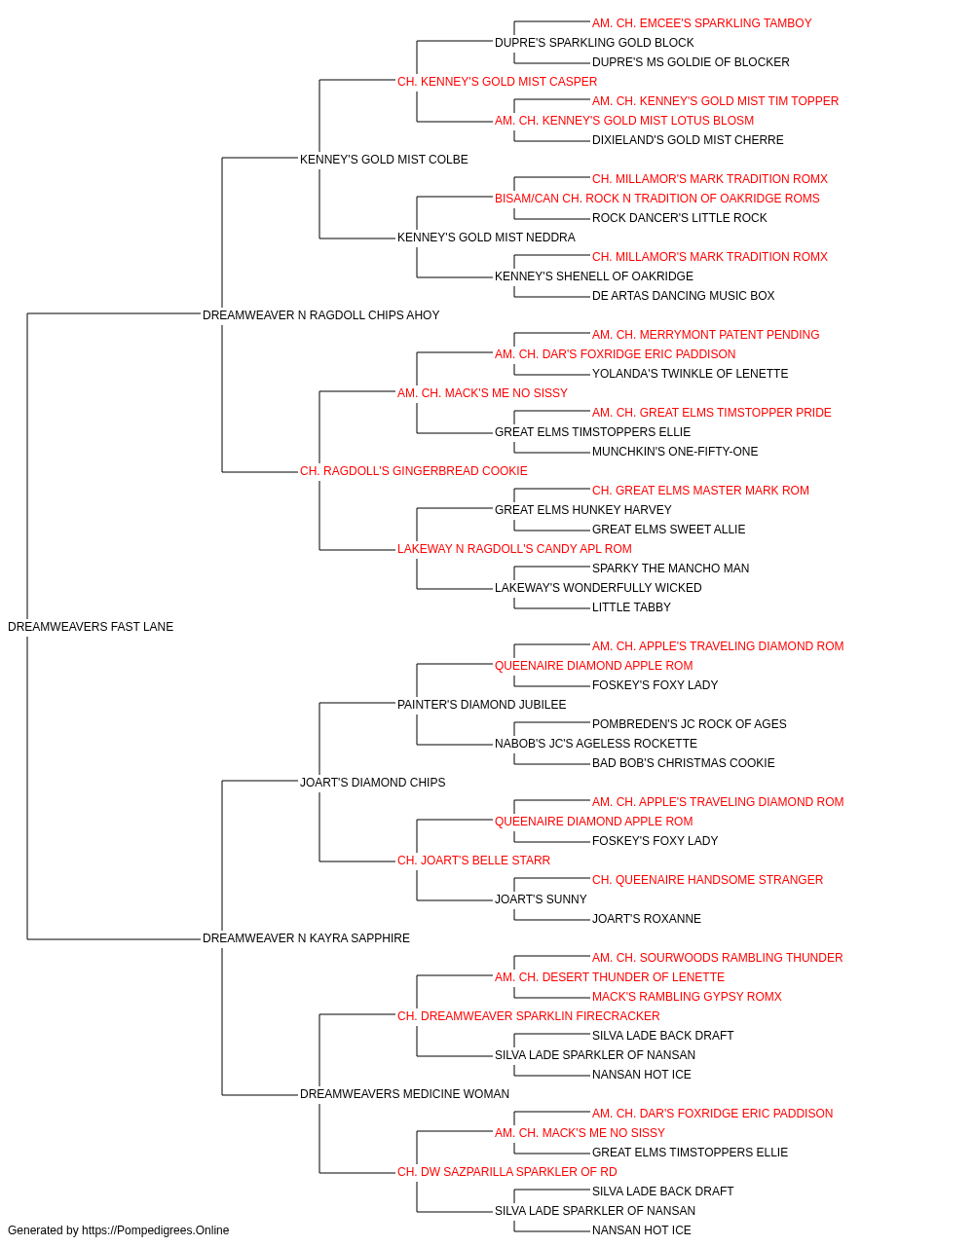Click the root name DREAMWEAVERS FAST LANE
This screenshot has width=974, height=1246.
click(91, 627)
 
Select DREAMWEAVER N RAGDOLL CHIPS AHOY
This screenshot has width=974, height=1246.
click(320, 315)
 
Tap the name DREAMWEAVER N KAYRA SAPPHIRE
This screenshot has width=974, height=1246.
click(306, 938)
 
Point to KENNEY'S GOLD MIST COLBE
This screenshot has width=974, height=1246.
click(384, 160)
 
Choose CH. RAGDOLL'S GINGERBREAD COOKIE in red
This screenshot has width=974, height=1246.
click(414, 471)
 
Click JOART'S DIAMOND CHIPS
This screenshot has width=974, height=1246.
click(373, 782)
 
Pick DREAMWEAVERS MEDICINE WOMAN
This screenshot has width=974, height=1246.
click(404, 1094)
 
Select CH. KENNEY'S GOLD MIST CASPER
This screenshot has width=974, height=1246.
click(498, 82)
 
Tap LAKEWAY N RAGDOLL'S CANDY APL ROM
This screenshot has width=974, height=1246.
click(514, 549)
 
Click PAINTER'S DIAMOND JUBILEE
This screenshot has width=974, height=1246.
click(482, 705)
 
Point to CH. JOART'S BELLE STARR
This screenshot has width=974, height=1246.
click(473, 861)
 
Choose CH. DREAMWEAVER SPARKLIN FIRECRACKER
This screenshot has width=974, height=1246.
click(529, 1016)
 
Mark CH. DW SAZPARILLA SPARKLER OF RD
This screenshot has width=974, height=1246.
click(507, 1172)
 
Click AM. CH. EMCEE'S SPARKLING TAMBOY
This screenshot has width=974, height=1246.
click(702, 23)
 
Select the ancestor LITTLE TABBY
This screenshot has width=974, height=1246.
click(631, 607)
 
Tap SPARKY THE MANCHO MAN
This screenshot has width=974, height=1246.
click(670, 568)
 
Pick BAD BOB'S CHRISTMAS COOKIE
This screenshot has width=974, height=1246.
click(684, 763)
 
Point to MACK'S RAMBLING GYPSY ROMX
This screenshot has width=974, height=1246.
click(688, 997)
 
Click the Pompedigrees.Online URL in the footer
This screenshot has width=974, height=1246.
click(156, 1230)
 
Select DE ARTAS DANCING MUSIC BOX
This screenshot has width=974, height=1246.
click(684, 296)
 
